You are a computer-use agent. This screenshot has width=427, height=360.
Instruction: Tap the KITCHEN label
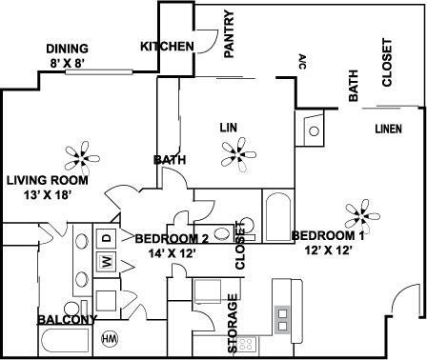tap(168, 47)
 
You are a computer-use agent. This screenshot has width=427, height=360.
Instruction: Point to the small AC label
tap(302, 62)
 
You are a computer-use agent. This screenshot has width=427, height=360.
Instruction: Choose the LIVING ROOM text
tap(47, 179)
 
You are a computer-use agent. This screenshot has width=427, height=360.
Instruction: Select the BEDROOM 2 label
tap(172, 238)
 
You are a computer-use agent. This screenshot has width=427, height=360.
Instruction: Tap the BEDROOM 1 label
tap(327, 235)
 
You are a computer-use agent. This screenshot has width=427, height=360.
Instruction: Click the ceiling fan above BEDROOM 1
tap(359, 210)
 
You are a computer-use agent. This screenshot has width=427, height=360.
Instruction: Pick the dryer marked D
tap(108, 236)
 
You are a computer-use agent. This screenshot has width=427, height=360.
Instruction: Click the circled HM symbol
tap(110, 337)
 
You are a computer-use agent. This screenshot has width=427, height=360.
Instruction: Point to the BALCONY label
tap(66, 319)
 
